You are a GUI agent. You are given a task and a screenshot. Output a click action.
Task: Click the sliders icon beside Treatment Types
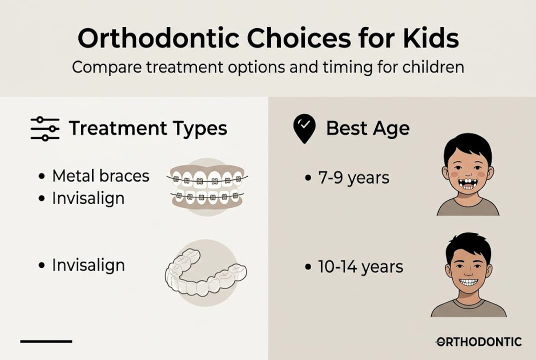point(45,128)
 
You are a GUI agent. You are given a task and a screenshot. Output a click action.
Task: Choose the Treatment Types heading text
point(148,128)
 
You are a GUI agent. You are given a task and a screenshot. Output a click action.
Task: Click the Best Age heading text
point(368,128)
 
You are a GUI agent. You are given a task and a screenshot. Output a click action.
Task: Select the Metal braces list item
point(100,176)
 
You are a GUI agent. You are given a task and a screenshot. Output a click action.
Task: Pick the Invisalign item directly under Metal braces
point(88,198)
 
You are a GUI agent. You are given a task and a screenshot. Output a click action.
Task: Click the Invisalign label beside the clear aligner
point(88,265)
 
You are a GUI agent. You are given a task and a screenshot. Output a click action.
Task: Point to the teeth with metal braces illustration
point(207,187)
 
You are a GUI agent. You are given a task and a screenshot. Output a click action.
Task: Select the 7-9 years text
point(354,177)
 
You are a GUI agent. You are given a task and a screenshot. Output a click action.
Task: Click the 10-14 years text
point(360,266)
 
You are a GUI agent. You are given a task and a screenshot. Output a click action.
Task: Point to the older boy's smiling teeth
point(468,282)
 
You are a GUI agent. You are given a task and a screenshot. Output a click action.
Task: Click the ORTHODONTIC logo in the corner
point(479,342)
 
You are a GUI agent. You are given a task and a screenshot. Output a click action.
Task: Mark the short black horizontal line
point(46,341)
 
